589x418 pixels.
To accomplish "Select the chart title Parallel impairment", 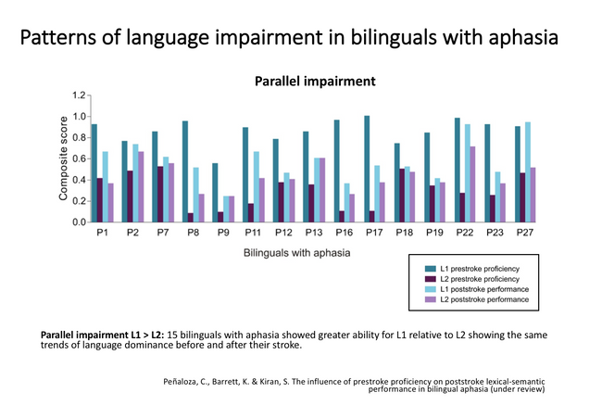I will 316,81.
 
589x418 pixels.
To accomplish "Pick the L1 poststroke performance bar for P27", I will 528,172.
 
